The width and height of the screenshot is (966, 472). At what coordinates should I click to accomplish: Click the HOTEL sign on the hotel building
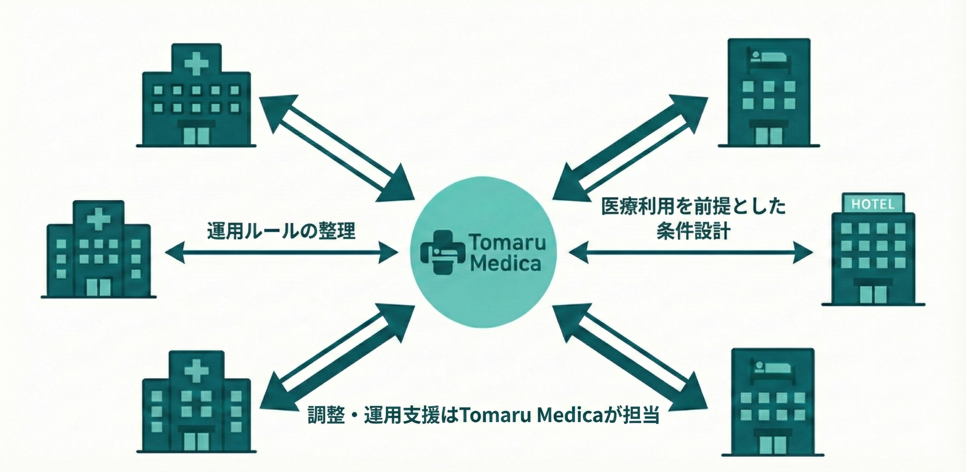pos(873,205)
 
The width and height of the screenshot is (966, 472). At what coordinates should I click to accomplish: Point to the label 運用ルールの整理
pos(281,230)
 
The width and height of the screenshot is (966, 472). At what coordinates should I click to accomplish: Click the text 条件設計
pos(693,231)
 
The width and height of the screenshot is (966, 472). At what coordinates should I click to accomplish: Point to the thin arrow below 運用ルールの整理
pos(281,252)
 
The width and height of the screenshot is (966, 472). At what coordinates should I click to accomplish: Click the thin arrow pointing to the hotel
pos(690,252)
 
